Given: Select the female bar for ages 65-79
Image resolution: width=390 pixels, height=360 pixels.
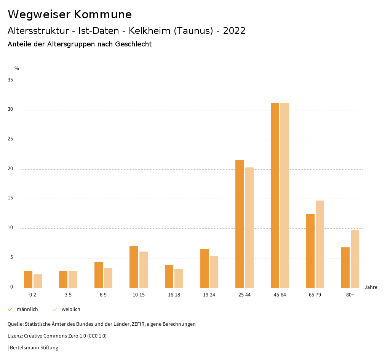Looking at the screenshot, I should pos(320,244).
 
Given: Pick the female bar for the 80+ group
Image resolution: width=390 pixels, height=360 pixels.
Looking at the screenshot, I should pos(355,259).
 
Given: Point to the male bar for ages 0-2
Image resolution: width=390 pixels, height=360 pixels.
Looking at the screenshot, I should pos(28,279).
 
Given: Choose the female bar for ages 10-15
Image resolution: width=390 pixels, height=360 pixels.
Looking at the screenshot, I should pos(143,269).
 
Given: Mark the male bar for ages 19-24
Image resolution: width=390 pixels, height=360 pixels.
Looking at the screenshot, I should pos(204,268).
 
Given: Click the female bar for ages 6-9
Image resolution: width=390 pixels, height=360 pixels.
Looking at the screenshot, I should pos(108,278).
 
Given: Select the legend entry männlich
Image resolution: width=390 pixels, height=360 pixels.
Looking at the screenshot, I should pos(27,309).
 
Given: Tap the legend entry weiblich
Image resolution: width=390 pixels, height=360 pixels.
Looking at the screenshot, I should pos(71,309).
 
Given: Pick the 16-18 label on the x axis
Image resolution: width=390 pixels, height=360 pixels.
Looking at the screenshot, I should pos(174,295).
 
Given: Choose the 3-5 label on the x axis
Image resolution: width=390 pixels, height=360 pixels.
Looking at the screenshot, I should pos(68,295).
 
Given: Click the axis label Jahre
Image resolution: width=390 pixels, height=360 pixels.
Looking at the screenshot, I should pos(371,287).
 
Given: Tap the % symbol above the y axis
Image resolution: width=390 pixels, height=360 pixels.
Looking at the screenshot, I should pos(17,68).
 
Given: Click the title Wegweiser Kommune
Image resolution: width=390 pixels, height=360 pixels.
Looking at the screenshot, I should pos(70,14).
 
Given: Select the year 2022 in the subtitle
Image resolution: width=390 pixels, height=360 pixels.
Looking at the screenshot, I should pos(234,31).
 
